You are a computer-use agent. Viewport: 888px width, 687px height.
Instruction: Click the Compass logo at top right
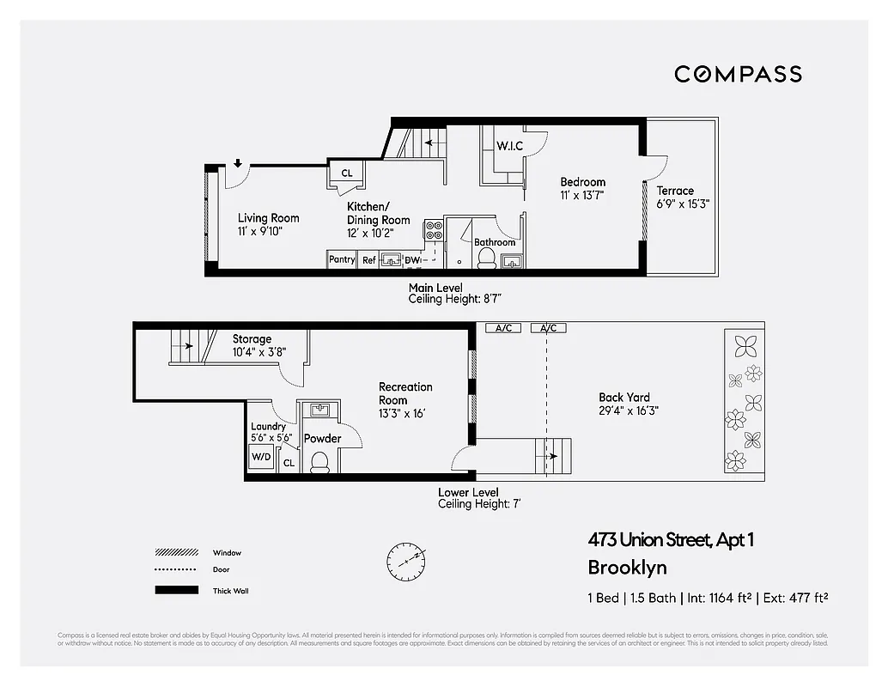[738, 74]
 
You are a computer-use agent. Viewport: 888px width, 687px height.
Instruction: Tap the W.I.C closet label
[509, 146]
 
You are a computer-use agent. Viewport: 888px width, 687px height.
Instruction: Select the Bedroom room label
[582, 182]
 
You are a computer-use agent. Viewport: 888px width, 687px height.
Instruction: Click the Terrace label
[675, 191]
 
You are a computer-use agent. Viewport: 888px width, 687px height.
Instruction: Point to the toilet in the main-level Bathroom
[485, 258]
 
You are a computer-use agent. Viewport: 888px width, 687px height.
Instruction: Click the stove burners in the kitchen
[434, 230]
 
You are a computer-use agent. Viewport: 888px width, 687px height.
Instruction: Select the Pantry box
[342, 259]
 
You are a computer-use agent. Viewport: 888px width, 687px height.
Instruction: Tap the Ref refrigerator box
[368, 259]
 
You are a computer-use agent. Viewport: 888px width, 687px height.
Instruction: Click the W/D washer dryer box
[261, 457]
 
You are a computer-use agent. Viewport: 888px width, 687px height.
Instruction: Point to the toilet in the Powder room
[319, 462]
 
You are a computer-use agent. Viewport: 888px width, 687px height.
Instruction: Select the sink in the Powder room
[318, 410]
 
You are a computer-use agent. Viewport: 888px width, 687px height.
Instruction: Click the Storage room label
[252, 339]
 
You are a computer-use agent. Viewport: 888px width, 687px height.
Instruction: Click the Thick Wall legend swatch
[175, 591]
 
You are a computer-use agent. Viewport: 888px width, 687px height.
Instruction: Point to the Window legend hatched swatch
[175, 553]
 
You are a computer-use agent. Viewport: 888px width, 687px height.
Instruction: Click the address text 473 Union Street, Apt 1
[670, 540]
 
